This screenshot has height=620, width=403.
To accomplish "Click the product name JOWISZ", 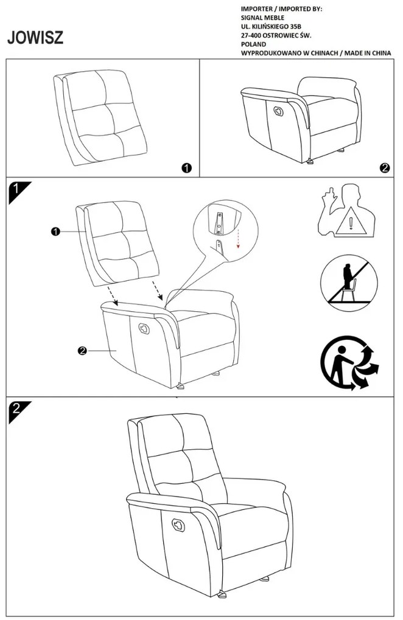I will (x=35, y=38).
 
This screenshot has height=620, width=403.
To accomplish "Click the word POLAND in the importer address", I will (x=253, y=44).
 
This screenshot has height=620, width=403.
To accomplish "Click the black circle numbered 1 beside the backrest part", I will (x=187, y=168).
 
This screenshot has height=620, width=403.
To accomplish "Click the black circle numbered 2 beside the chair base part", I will (x=384, y=168).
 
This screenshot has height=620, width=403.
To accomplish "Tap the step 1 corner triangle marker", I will (x=17, y=191).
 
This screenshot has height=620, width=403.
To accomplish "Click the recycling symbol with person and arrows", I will (x=349, y=365).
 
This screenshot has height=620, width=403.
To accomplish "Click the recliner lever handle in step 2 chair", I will (x=180, y=524).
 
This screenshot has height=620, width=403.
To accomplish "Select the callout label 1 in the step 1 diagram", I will (x=55, y=231).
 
